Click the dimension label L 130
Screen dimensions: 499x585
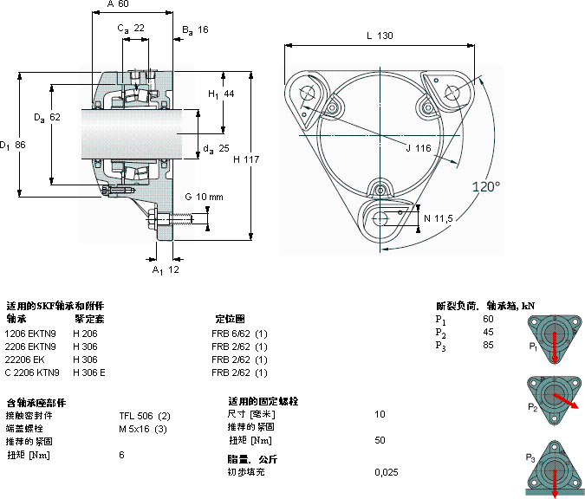379,36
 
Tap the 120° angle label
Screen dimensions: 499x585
485,186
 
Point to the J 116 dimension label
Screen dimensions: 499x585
418,148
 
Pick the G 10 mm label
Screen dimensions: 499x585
205,196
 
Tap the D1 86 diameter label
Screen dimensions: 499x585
13,144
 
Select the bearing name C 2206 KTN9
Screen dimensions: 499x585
31,373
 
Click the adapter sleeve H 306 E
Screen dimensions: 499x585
89,373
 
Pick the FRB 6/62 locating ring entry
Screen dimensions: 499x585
239,334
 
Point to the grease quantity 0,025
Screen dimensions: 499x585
387,472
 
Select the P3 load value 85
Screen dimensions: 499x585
489,345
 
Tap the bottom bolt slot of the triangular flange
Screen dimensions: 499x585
379,217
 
